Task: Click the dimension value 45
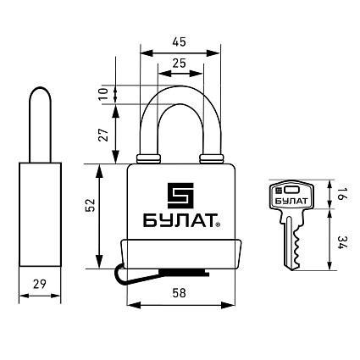(x=180, y=42)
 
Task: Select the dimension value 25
(x=180, y=64)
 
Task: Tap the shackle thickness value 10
(x=103, y=94)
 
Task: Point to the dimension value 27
(x=103, y=135)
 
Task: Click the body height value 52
(x=91, y=205)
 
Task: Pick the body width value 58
(x=180, y=293)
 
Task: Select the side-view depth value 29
(x=39, y=284)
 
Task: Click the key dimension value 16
(x=340, y=194)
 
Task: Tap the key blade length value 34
(x=341, y=242)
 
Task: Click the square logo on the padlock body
(x=180, y=196)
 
